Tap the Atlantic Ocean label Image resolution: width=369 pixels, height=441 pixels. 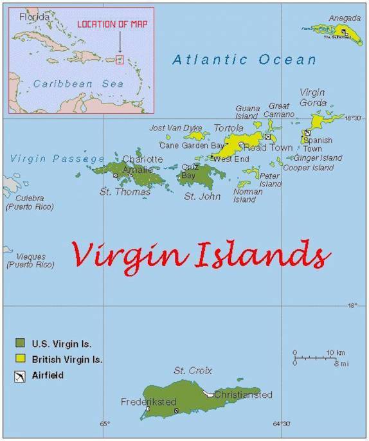click(x=244, y=60)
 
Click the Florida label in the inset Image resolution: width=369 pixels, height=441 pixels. click(x=33, y=17)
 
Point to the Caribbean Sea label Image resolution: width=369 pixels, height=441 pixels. click(x=69, y=84)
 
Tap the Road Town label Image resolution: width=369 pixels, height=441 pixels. click(x=269, y=147)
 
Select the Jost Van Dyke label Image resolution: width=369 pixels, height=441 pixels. click(x=175, y=128)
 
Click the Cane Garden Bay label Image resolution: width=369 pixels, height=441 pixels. click(x=186, y=145)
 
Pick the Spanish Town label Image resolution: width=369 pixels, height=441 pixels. click(x=318, y=144)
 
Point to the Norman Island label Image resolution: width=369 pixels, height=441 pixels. click(x=248, y=195)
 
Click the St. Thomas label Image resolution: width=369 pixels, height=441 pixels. click(x=125, y=192)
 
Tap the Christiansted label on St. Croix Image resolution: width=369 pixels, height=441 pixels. click(x=243, y=394)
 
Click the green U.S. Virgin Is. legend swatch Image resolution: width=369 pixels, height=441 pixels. click(x=21, y=343)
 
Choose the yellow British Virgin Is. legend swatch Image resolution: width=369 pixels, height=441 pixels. click(x=21, y=359)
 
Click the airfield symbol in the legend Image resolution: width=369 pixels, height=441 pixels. click(x=21, y=375)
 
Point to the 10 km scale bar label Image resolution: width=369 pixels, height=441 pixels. click(x=336, y=352)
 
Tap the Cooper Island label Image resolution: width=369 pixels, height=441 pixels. click(x=309, y=168)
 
